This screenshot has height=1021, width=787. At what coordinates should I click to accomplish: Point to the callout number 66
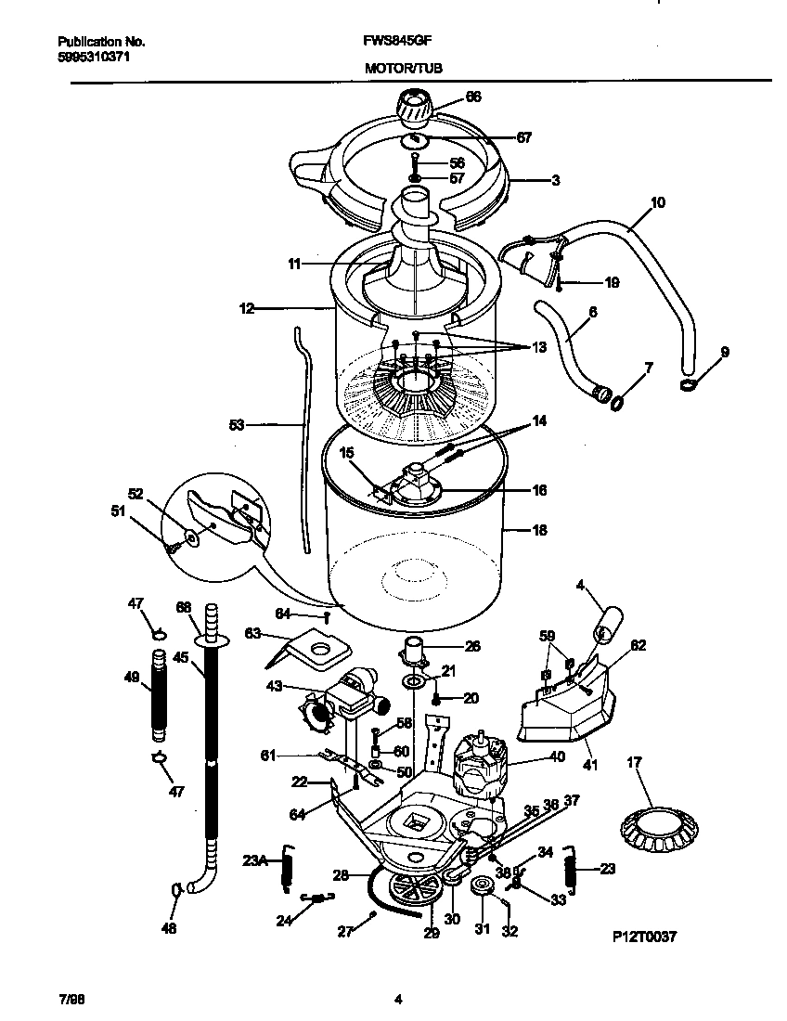pyautogui.click(x=473, y=97)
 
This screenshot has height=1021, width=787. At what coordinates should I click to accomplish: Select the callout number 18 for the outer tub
pyautogui.click(x=539, y=531)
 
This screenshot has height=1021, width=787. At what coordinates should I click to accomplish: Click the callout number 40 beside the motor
pyautogui.click(x=556, y=756)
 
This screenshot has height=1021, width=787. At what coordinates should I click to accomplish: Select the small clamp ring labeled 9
pyautogui.click(x=687, y=383)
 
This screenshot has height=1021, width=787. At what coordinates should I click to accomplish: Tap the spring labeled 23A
pyautogui.click(x=288, y=871)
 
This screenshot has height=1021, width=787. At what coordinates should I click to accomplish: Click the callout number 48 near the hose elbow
pyautogui.click(x=168, y=927)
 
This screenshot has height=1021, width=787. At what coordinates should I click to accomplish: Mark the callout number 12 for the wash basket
pyautogui.click(x=246, y=308)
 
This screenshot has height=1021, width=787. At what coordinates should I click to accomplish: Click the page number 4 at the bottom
pyautogui.click(x=397, y=1000)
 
